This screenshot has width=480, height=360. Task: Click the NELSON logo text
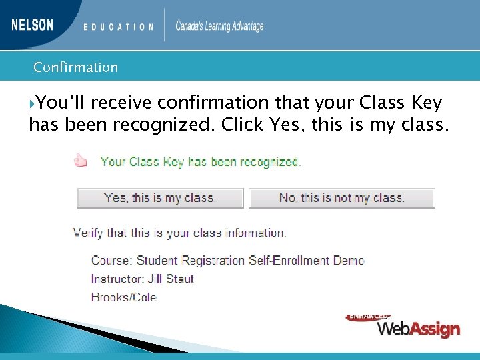pyautogui.click(x=32, y=25)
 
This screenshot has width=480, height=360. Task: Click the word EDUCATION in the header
pyautogui.click(x=119, y=27)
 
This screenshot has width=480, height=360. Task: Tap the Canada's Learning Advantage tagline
pyautogui.click(x=219, y=26)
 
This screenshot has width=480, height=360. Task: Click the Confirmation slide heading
pyautogui.click(x=75, y=67)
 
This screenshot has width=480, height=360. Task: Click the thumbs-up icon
pyautogui.click(x=81, y=161)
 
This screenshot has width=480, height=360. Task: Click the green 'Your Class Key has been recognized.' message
pyautogui.click(x=201, y=161)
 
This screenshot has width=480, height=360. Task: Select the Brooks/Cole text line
pyautogui.click(x=123, y=297)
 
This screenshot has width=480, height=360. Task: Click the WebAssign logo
pyautogui.click(x=419, y=329)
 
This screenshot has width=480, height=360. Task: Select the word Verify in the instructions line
pyautogui.click(x=89, y=233)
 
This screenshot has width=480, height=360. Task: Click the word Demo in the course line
pyautogui.click(x=348, y=260)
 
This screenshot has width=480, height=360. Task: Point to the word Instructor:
pyautogui.click(x=115, y=279)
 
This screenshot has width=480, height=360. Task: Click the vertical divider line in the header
pyautogui.click(x=165, y=25)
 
